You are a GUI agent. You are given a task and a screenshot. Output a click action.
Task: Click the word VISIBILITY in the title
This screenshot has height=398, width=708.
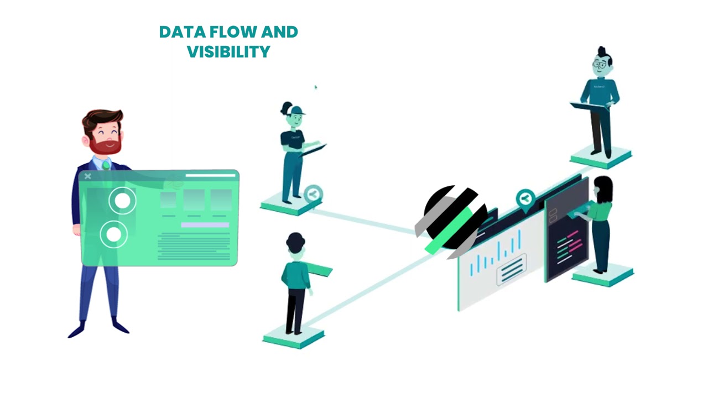point(228,51)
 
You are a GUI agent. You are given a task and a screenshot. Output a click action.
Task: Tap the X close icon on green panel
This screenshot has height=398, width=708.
point(88,176)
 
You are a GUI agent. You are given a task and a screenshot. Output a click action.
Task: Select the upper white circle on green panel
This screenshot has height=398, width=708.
point(122,201)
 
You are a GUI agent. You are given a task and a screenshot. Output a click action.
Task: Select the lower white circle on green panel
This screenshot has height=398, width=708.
point(114,234)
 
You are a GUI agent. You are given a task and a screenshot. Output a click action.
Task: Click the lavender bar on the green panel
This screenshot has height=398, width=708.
point(205,225)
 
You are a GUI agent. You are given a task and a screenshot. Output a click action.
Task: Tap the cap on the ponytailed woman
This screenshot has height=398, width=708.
point(296,110)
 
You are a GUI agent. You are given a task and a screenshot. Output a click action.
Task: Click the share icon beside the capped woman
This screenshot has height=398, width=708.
point(313,194)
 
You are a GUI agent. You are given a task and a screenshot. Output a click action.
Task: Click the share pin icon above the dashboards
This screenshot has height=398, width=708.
point(525,198)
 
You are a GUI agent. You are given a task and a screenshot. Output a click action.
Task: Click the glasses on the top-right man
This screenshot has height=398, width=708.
point(600,65)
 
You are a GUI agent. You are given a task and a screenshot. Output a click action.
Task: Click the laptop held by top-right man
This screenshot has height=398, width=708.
point(590,106)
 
